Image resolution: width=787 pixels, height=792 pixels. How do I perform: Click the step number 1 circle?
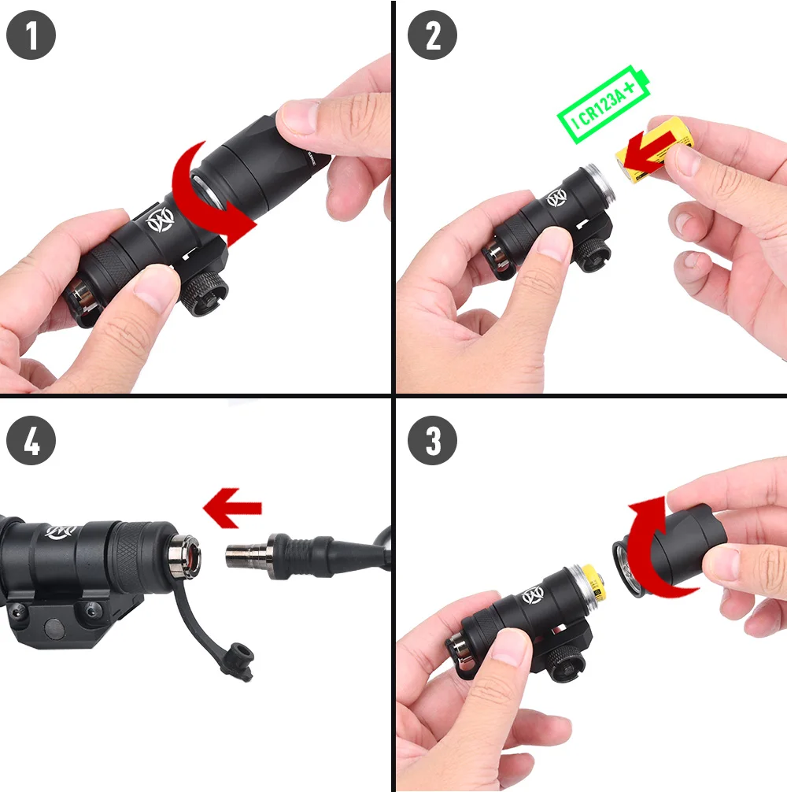(31, 35)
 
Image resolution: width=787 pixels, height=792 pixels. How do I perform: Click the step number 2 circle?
(432, 35)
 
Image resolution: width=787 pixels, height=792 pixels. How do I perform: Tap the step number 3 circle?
(432, 440)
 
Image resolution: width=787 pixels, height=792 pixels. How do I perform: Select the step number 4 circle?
(31, 440)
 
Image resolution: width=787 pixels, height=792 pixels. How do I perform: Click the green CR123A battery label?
(604, 105)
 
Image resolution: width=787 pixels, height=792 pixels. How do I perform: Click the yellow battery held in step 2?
(654, 150)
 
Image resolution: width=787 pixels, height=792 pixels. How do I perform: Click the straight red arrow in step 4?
(232, 508)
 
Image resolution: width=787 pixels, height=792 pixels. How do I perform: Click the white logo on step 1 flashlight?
(160, 220)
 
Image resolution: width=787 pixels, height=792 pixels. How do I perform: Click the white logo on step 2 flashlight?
(556, 198)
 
